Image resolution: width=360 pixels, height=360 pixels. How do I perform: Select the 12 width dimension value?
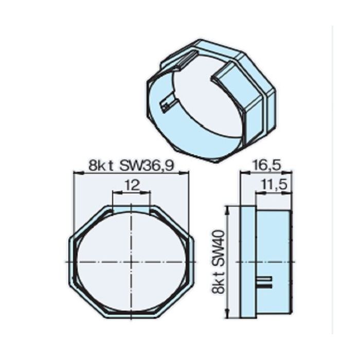[132, 185]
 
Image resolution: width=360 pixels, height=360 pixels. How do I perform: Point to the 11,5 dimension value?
[273, 185]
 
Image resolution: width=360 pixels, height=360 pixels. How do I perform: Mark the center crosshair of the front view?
[132, 262]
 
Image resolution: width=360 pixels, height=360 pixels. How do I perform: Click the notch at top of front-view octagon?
[132, 208]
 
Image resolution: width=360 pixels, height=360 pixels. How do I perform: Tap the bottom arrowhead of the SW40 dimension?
[227, 316]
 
